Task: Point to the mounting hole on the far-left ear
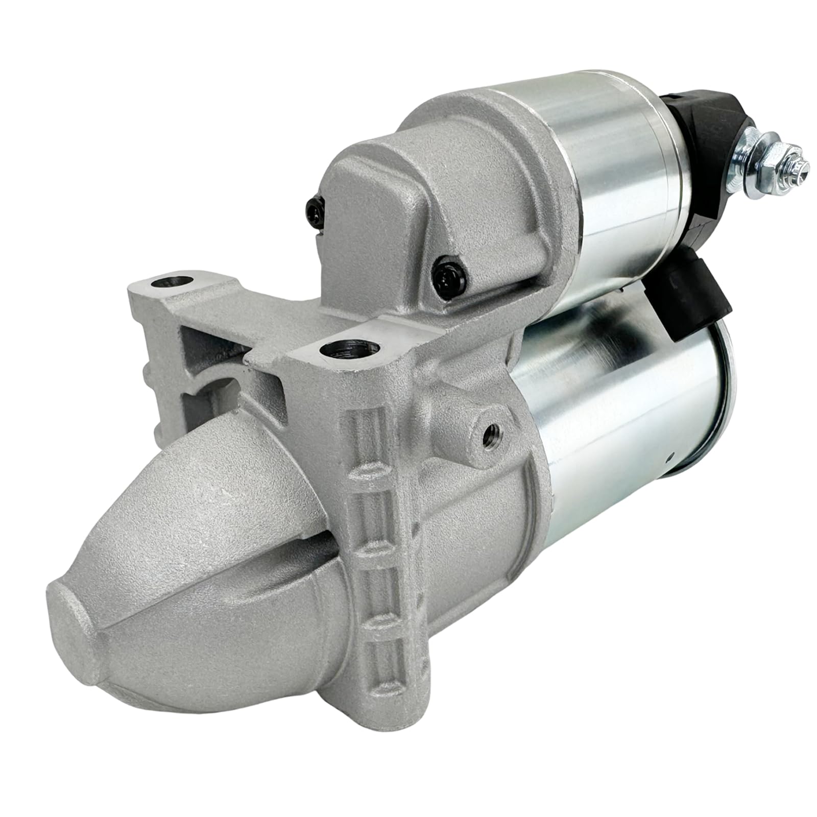point(169,282)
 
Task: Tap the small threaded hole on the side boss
point(492,430)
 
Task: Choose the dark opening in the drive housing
point(214,388)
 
